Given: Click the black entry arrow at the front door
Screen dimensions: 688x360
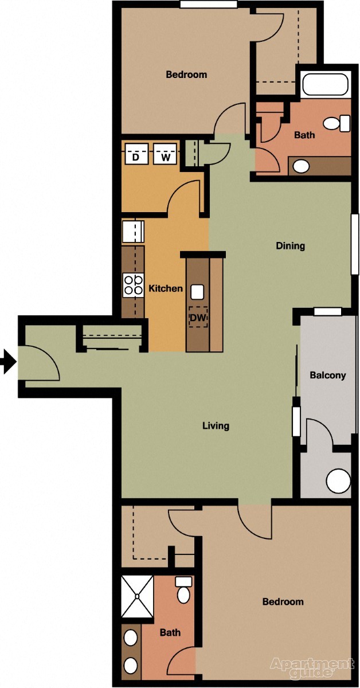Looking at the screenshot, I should click(x=8, y=362).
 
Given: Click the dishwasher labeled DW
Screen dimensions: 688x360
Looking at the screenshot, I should click(x=198, y=317).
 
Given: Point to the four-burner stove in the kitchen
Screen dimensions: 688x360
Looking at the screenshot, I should click(x=133, y=285).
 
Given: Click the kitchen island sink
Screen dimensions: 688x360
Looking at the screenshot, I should click(x=198, y=292).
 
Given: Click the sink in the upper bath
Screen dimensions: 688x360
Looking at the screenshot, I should click(x=301, y=166).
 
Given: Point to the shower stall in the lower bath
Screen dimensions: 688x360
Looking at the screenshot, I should click(x=138, y=596).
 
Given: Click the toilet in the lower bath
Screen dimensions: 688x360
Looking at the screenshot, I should click(x=183, y=590).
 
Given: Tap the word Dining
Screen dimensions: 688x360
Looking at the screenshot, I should click(x=291, y=246).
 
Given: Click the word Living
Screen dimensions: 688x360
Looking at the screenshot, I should click(x=216, y=425).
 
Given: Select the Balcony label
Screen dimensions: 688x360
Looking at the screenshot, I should click(x=327, y=376).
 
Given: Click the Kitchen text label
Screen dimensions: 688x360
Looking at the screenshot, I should click(x=166, y=288).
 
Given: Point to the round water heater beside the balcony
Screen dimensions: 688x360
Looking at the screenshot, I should click(x=338, y=480).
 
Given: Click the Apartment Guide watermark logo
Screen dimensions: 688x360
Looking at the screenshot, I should click(x=312, y=666).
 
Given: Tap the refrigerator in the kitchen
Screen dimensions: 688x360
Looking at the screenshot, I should click(x=133, y=232).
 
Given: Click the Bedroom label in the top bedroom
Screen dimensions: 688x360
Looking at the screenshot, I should click(x=186, y=75).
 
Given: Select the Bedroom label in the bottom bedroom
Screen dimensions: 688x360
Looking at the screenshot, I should click(x=283, y=601).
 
